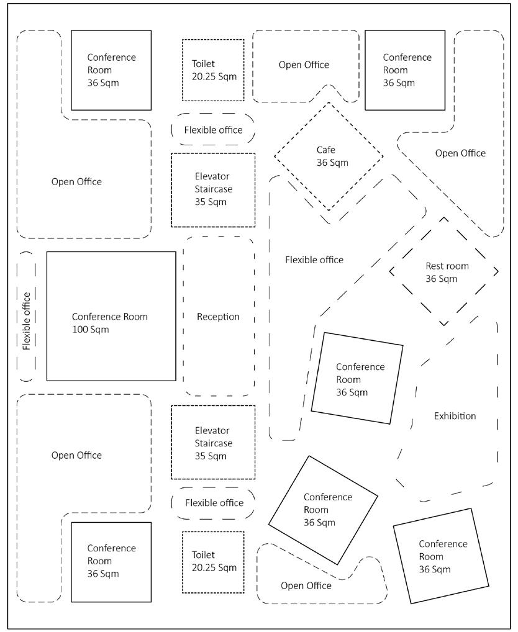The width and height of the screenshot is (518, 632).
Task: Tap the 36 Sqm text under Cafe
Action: [x=332, y=163]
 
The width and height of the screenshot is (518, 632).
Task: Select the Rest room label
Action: [x=447, y=266]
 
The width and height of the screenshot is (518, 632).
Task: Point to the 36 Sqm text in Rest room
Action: [x=441, y=279]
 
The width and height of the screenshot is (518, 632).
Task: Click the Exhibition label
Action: [x=455, y=416]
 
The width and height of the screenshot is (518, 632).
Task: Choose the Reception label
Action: [x=218, y=317]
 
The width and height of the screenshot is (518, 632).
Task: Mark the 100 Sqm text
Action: [x=91, y=329]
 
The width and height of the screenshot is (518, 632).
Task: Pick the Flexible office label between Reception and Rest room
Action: [x=314, y=260]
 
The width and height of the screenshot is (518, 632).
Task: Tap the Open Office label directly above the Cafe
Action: [x=304, y=65]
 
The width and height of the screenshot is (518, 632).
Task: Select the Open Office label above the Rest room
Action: [x=460, y=153]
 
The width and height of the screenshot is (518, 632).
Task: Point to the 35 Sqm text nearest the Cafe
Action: [x=211, y=202]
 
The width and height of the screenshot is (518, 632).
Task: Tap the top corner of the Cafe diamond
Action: [x=329, y=102]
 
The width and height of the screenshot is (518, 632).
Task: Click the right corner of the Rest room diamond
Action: [x=498, y=271]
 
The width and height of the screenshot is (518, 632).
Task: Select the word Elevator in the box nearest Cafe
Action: [x=212, y=176]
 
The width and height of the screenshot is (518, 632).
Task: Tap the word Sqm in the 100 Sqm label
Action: [x=99, y=329]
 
